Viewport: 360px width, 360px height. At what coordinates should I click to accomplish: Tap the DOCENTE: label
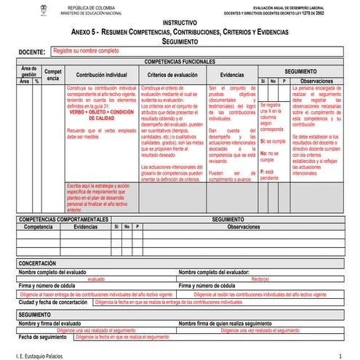click(32, 52)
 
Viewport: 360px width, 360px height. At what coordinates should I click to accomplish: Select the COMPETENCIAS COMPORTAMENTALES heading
click(61, 218)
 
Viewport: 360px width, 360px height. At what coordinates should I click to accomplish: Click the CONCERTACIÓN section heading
click(42, 263)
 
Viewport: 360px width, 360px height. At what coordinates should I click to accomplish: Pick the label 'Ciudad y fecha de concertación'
click(54, 301)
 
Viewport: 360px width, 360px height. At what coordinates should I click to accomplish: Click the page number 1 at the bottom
click(340, 354)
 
